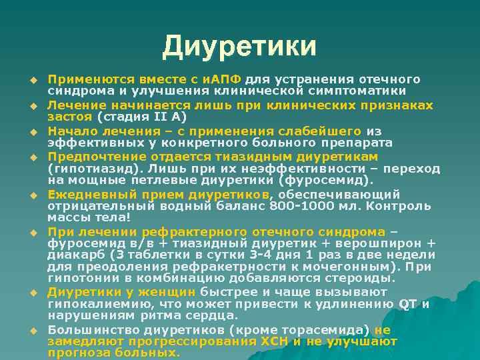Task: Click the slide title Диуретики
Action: click(x=239, y=46)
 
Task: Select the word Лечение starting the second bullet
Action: click(x=74, y=105)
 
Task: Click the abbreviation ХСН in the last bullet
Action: click(x=274, y=341)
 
